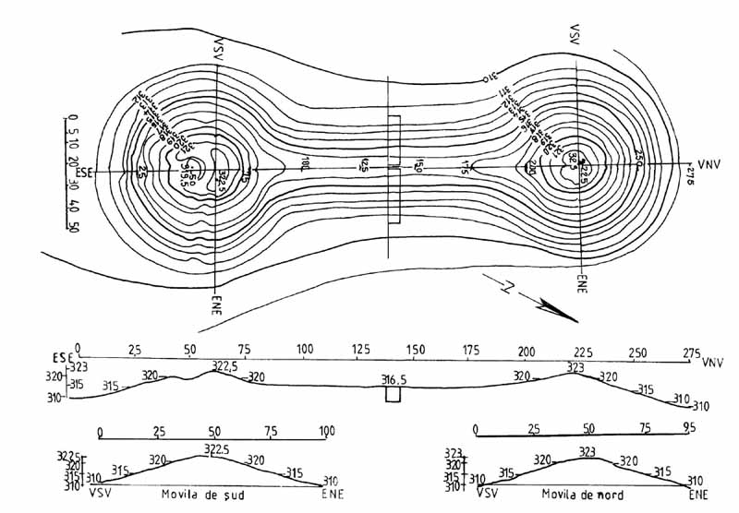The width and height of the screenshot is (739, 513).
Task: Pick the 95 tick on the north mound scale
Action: [x=687, y=429]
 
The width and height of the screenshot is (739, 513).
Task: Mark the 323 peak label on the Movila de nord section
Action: [x=588, y=452]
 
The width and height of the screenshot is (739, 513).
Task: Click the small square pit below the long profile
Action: [x=394, y=394]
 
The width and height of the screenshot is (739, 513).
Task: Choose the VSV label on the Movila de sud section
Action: [x=99, y=495]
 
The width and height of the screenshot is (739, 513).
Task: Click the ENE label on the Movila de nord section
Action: [x=699, y=495]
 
